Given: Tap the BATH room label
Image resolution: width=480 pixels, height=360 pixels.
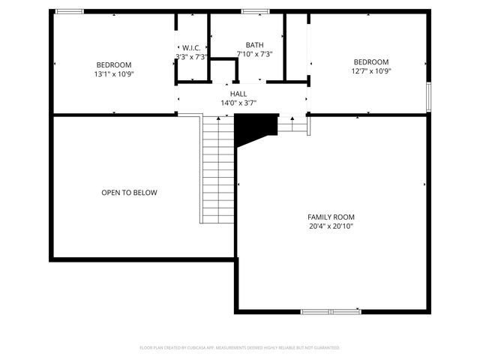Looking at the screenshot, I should point(255,45).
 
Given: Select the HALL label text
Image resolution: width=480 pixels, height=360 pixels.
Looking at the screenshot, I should point(228,94).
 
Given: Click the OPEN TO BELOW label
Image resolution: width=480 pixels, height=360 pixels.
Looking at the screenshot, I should point(129,193).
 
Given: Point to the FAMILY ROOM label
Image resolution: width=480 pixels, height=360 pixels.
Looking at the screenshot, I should point(331,216).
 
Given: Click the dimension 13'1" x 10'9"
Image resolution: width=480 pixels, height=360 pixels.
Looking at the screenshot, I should point(114,74).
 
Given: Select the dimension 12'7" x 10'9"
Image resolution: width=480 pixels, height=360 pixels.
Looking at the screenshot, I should point(371,71).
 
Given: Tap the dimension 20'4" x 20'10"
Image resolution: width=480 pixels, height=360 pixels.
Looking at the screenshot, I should point(331,226).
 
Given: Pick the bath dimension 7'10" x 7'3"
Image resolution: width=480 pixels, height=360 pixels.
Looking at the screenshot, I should point(255,54).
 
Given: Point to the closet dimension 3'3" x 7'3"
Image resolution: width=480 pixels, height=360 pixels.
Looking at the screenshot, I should point(191,56).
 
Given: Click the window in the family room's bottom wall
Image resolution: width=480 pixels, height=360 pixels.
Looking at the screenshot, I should point(331,311).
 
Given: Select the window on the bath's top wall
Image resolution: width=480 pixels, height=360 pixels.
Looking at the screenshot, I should point(255,10).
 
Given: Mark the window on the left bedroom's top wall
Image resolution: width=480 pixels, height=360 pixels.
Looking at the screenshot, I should point(70,10).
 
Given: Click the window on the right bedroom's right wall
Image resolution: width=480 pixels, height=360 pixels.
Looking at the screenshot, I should point(430,96).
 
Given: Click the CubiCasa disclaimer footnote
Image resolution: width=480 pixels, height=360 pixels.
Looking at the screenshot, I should point(240,348).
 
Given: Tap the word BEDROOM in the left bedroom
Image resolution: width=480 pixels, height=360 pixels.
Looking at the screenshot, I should point(114,64).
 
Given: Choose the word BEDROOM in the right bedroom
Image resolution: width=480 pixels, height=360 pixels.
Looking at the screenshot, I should point(371,61).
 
